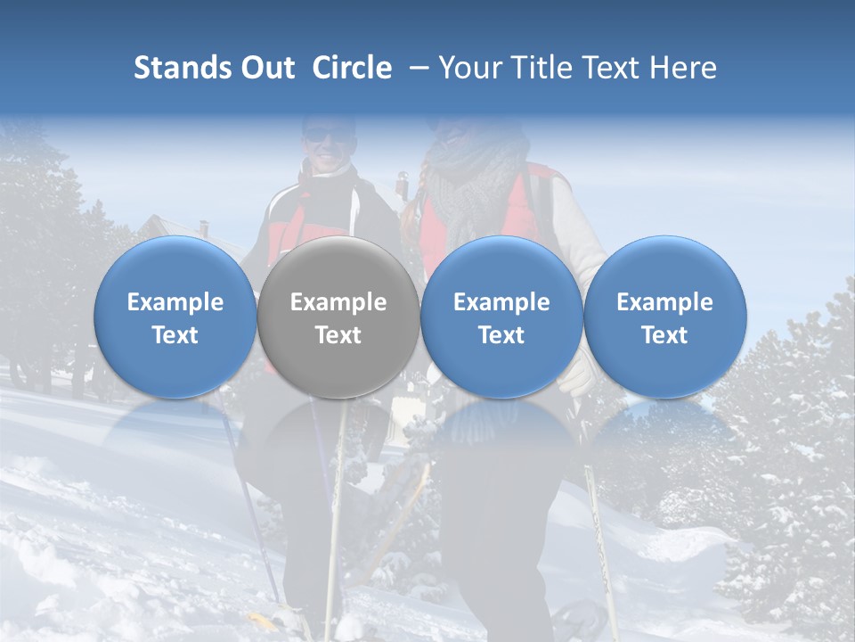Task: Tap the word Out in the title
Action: pos(265,69)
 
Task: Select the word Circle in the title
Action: pos(352,69)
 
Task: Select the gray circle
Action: pos(338,317)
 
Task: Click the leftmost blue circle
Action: pos(175,317)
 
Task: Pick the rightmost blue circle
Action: pos(664,317)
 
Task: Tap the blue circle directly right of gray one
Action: pos(501,317)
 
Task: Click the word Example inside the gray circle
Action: pos(338,302)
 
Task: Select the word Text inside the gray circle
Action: pos(338,335)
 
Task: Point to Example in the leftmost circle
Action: pos(175,302)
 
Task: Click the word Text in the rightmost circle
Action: pos(664,335)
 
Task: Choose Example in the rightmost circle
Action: pos(664,302)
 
